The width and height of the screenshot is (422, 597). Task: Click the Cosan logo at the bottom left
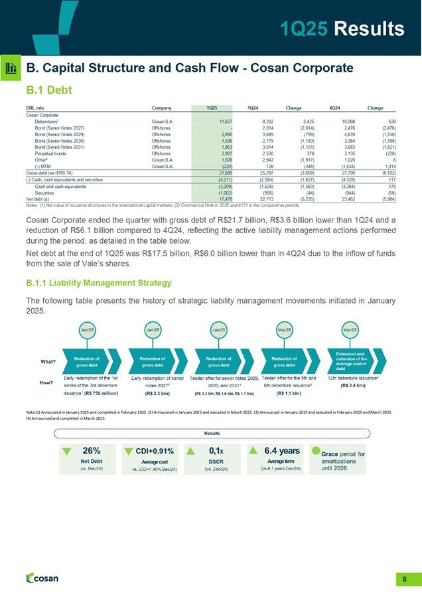tap(41, 578)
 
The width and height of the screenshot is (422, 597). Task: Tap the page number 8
tap(404, 579)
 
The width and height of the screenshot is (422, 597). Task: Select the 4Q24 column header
tap(326, 108)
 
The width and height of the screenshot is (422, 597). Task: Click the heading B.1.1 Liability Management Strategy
tap(99, 283)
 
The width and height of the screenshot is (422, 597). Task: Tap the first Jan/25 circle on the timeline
tap(86, 329)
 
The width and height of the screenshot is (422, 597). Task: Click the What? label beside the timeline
tap(47, 362)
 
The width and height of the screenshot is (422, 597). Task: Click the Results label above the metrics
tap(212, 432)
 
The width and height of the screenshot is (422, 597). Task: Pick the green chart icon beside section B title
tap(11, 68)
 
